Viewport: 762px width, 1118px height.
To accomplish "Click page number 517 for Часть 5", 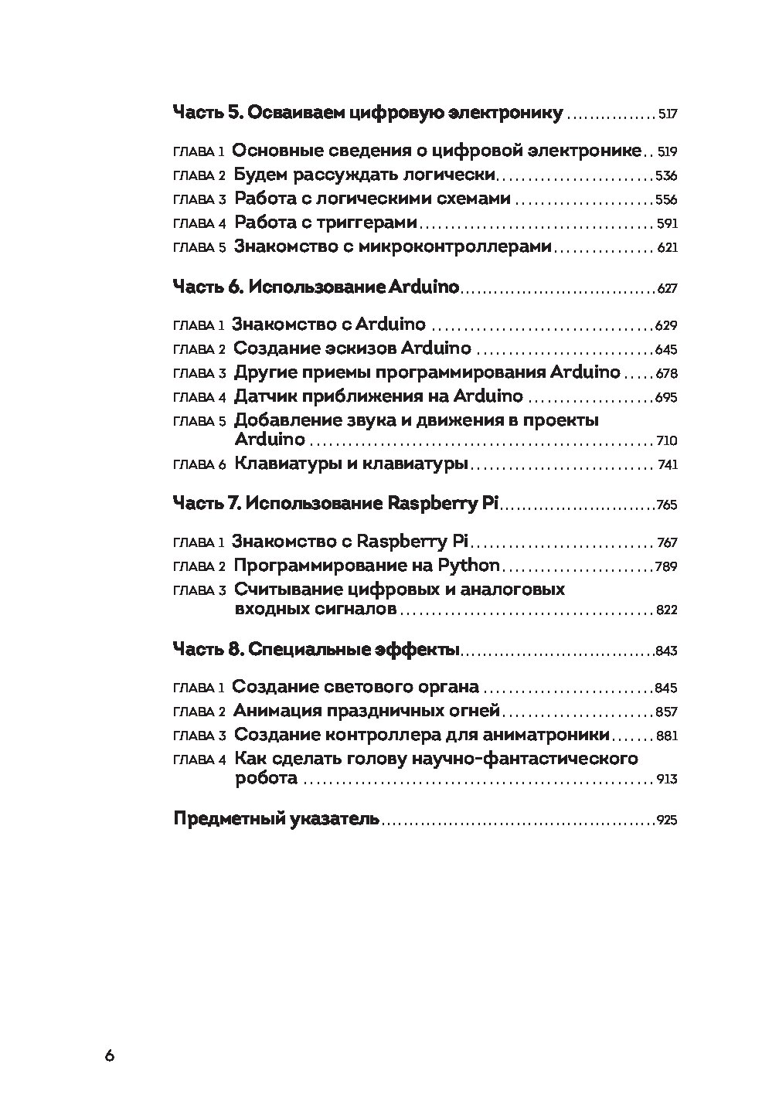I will point(667,114).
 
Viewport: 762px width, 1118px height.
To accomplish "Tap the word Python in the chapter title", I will point(470,565).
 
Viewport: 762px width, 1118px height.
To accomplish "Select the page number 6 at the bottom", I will point(109,1056).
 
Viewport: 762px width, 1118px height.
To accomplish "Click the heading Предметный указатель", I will point(276,819).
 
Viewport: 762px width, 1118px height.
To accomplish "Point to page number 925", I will point(665,821).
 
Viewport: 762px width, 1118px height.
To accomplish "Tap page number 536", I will point(665,175).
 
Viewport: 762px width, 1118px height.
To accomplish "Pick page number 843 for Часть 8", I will point(665,651).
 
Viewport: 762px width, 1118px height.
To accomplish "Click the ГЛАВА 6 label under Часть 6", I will point(199,465).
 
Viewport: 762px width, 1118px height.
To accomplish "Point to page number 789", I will point(665,567).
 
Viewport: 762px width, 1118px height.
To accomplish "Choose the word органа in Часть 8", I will point(448,687).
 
